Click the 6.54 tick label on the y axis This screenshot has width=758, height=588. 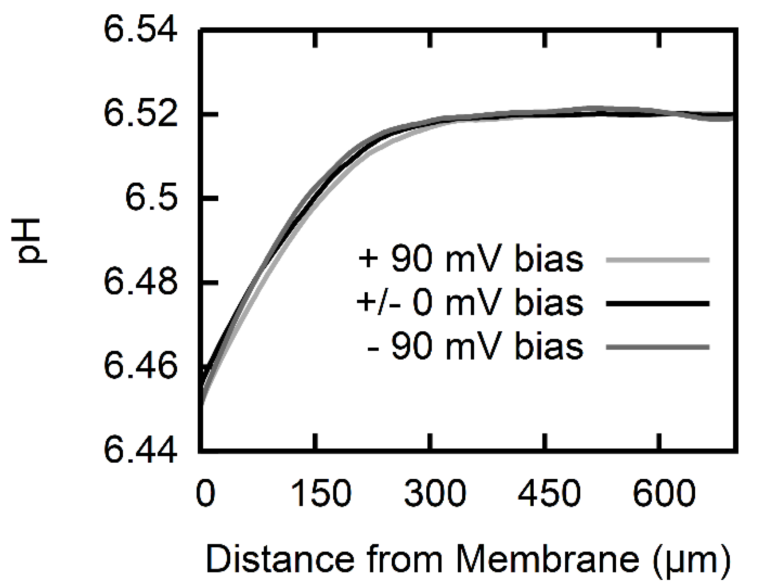tap(140, 29)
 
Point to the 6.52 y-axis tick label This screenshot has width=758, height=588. tap(140, 114)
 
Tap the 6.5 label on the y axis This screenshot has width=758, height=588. tap(151, 198)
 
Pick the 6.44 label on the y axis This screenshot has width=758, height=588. tap(140, 451)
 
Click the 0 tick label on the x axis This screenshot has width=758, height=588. tap(205, 494)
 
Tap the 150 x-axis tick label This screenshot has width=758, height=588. tap(321, 494)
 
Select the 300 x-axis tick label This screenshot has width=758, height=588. tap(435, 494)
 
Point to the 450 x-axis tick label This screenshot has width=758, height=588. tap(549, 494)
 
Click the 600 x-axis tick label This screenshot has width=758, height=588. tap(664, 494)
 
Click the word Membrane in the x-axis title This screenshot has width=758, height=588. tap(547, 559)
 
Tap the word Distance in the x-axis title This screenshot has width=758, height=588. tap(280, 559)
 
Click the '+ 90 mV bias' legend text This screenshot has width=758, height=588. tap(470, 259)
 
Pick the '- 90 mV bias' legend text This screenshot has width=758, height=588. tap(475, 346)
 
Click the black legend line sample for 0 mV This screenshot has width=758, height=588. tap(657, 304)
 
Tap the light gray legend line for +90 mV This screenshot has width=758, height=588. tap(657, 260)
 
